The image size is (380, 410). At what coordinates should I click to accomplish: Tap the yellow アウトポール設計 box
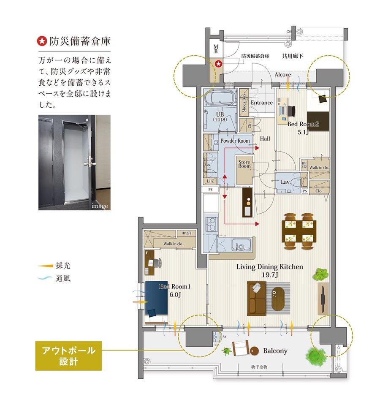(68, 356)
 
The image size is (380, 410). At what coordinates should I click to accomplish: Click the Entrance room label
(261, 103)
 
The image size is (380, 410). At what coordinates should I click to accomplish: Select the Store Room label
(244, 164)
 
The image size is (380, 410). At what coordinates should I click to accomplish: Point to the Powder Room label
(235, 141)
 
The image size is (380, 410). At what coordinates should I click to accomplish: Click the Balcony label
(275, 350)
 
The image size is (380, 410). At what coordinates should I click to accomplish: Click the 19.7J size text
(269, 275)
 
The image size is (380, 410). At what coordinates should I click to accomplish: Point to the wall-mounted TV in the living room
(322, 298)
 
